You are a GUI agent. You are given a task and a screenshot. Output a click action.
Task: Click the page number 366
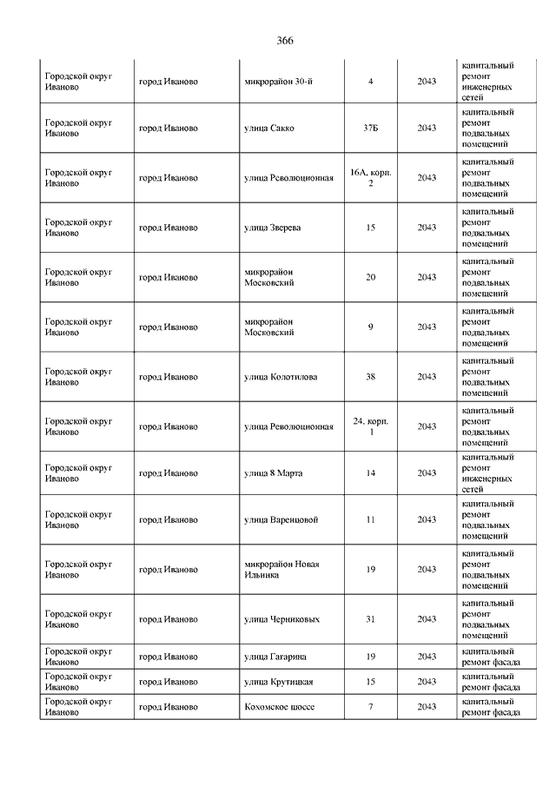coord(285,41)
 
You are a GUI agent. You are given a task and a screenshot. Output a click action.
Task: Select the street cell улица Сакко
coord(269,129)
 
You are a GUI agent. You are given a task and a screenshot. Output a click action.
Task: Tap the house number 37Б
coord(371,129)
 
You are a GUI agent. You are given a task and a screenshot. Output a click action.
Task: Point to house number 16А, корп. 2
coord(371,178)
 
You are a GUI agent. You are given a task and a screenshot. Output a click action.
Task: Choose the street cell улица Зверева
coord(273,228)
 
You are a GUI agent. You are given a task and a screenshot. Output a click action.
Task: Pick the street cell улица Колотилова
coord(281,377)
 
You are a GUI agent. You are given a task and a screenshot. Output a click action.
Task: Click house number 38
coord(371,377)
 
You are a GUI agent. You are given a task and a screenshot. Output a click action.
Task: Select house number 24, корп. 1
coord(371,426)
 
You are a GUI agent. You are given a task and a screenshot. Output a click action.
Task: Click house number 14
coord(371,473)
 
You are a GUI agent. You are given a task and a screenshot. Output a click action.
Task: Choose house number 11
coord(371,519)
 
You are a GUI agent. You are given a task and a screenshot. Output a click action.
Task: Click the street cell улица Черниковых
coord(281,619)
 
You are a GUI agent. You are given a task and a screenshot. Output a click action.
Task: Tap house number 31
coord(371,619)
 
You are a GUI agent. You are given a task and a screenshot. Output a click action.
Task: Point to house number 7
coord(371,707)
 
